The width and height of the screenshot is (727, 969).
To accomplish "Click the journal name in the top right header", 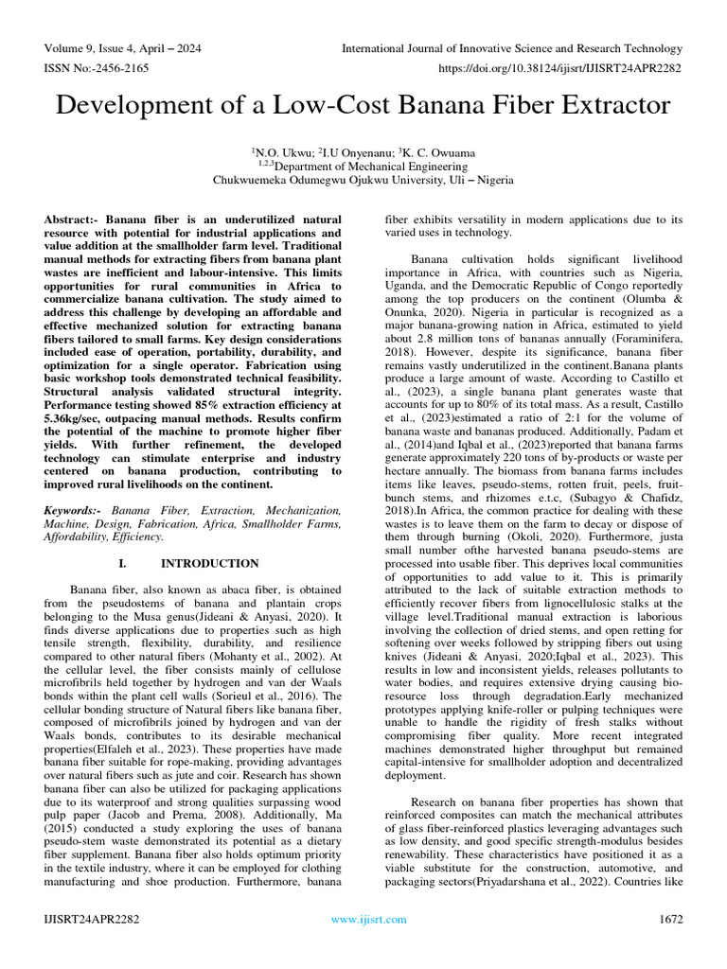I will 511,48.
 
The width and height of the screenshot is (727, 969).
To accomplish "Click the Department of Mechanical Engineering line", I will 363,165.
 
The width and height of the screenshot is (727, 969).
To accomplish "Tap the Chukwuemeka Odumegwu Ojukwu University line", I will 363,179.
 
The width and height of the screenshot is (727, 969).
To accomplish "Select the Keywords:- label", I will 78,510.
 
